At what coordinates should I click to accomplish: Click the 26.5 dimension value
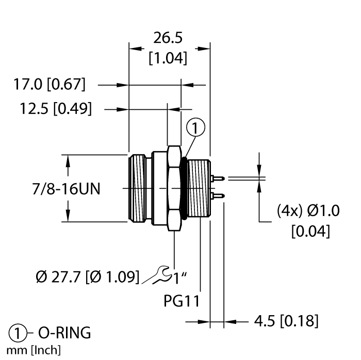click(168, 38)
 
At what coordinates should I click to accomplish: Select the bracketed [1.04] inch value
click(168, 58)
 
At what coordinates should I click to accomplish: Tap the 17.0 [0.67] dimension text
click(50, 84)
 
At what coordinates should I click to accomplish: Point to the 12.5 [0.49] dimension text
click(56, 108)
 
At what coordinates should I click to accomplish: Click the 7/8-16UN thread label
click(67, 189)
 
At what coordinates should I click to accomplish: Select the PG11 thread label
click(182, 301)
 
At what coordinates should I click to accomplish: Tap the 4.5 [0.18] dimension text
click(286, 321)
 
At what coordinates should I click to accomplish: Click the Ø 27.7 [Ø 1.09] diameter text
click(88, 276)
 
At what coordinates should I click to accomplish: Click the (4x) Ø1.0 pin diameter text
click(308, 211)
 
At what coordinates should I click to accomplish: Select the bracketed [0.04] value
click(310, 231)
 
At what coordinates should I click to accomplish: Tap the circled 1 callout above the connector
click(195, 127)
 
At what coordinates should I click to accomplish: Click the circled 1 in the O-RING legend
click(18, 333)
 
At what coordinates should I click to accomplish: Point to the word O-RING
click(64, 333)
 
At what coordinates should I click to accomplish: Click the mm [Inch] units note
click(34, 350)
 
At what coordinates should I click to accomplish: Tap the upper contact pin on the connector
click(217, 178)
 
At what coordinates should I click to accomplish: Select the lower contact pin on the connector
click(217, 196)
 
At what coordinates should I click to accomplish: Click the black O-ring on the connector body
click(184, 188)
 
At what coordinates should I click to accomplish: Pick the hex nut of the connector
click(174, 188)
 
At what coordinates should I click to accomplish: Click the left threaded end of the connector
click(137, 188)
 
